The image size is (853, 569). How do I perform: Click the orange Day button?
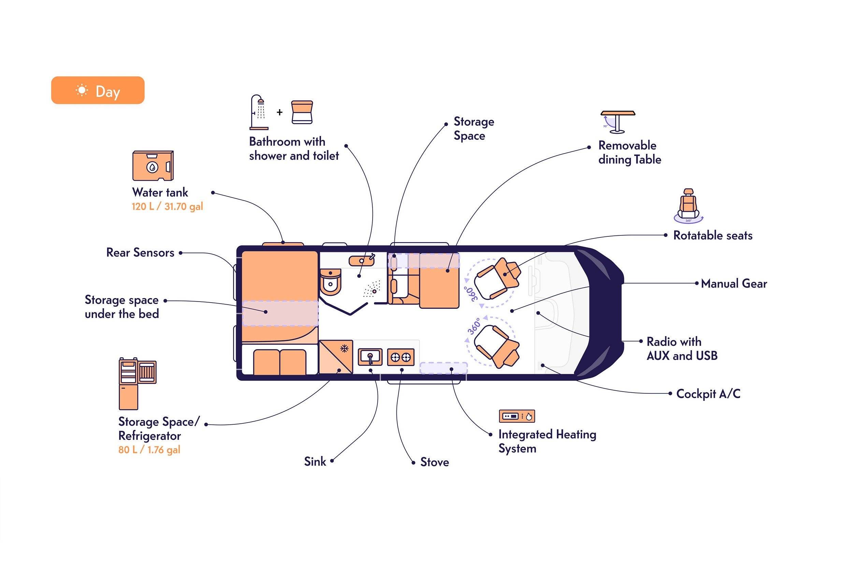98,90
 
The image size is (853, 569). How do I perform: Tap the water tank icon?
153,165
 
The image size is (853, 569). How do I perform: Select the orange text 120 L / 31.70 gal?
167,206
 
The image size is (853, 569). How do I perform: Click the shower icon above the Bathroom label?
259,112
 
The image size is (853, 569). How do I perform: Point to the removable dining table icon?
618,122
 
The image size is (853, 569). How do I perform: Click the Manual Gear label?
734,283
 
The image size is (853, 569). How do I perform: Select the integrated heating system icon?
517,416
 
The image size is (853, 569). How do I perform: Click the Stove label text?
434,462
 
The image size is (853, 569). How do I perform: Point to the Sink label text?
315,462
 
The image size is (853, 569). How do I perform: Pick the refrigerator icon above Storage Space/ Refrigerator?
138,383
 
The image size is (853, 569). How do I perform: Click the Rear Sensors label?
140,252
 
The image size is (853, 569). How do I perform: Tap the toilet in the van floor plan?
331,282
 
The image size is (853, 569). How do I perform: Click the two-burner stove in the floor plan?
401,358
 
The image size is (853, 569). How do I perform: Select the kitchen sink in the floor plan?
370,357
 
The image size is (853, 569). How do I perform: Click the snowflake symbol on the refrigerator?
344,349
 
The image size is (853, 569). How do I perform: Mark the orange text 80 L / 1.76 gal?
149,450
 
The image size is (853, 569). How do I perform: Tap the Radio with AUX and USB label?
682,349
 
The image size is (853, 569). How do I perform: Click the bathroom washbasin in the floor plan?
362,260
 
